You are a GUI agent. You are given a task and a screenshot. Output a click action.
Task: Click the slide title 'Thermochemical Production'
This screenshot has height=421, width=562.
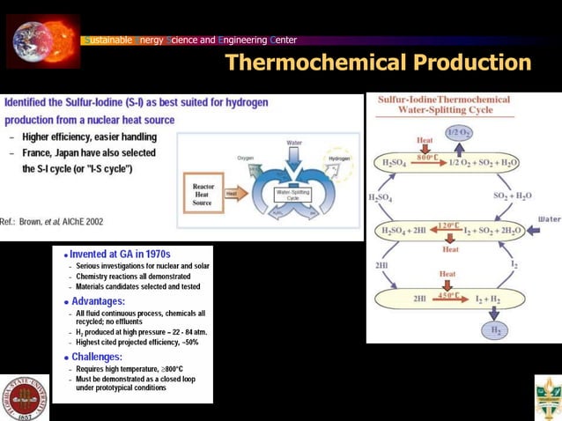coord(378,63)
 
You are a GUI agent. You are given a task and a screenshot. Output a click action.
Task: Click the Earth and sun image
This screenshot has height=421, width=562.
coord(42,41)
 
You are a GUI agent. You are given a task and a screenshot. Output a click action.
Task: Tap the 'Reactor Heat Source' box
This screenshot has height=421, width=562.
coord(202,195)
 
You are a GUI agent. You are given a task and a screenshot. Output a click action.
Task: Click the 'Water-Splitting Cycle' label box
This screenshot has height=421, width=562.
coord(293,195)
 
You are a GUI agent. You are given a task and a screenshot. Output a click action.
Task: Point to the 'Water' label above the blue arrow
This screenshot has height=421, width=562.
coord(294,142)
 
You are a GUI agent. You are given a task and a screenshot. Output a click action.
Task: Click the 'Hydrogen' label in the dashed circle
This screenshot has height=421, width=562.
coord(338,159)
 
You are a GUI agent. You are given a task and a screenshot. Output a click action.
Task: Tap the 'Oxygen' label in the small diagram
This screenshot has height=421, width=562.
coord(246,158)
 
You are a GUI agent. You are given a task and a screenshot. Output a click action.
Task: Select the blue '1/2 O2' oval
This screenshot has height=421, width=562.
coord(457,132)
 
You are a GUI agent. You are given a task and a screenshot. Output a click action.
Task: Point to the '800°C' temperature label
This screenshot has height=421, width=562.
coord(428,157)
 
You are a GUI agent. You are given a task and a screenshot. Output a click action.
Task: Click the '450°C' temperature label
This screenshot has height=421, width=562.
coord(448,294)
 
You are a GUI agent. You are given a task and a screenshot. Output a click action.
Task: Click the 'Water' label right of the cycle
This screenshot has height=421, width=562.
coord(549,218)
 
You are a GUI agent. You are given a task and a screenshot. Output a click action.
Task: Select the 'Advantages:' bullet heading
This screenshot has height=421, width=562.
coord(99,301)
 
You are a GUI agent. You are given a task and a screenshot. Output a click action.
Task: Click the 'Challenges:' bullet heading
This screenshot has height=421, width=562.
coord(97,357)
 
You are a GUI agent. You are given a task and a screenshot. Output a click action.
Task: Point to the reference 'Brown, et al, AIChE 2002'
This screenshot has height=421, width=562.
coord(52,222)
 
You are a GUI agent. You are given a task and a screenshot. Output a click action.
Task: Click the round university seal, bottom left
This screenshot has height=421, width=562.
coord(25,395)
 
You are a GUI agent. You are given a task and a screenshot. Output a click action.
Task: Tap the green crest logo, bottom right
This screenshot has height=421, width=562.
coord(547,396)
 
